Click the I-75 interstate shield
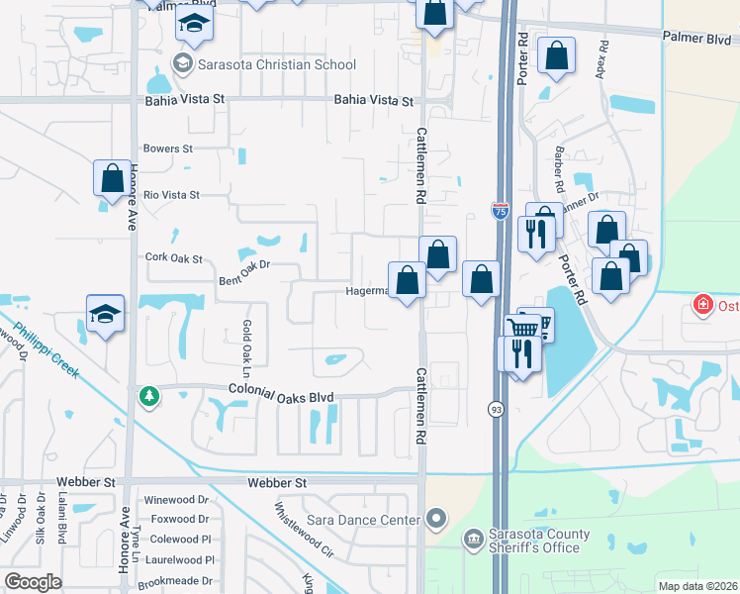(501, 210)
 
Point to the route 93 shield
(494, 408)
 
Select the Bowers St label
(168, 148)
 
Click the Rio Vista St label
(171, 196)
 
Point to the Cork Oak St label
(173, 258)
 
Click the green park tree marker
(148, 396)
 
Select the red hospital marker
(702, 304)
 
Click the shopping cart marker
(522, 328)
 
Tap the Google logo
(33, 582)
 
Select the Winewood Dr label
(176, 501)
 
